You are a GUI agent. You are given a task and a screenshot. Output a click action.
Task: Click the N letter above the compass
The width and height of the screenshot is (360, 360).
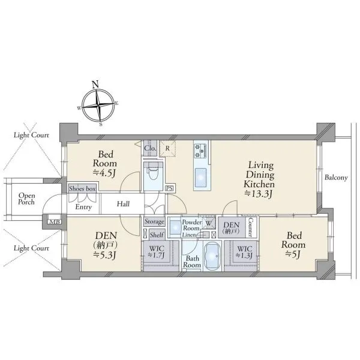[x=95, y=84]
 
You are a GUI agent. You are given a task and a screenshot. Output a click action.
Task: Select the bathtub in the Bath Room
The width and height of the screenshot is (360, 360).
[x=212, y=256]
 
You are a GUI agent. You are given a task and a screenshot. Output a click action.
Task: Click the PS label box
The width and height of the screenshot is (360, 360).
[x=170, y=188]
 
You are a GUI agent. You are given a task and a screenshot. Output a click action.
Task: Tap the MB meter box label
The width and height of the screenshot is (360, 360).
[x=55, y=221]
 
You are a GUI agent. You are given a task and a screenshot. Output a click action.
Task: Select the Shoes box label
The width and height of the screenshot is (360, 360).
[x=82, y=189]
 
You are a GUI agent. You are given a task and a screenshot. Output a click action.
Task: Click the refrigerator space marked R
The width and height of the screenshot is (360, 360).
[x=167, y=149]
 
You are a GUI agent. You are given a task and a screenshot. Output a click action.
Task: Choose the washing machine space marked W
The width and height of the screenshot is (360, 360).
[x=209, y=223]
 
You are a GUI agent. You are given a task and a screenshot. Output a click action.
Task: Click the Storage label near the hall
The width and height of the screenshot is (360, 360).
[x=154, y=222]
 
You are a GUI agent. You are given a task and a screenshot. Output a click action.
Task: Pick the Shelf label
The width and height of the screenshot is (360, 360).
[x=157, y=235]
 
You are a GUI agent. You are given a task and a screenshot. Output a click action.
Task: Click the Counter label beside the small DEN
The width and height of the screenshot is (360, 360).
[x=250, y=227]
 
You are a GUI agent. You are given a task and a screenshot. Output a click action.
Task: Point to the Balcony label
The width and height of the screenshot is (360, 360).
[x=336, y=178]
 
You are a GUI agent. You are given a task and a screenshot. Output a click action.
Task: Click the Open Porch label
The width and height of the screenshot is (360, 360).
[x=26, y=199]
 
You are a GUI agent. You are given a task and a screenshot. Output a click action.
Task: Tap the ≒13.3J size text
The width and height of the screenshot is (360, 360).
[x=259, y=194]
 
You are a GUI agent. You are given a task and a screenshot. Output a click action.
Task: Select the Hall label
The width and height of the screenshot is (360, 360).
[x=123, y=203]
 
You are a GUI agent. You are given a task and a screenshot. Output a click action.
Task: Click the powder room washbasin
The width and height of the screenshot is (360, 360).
[x=176, y=227]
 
